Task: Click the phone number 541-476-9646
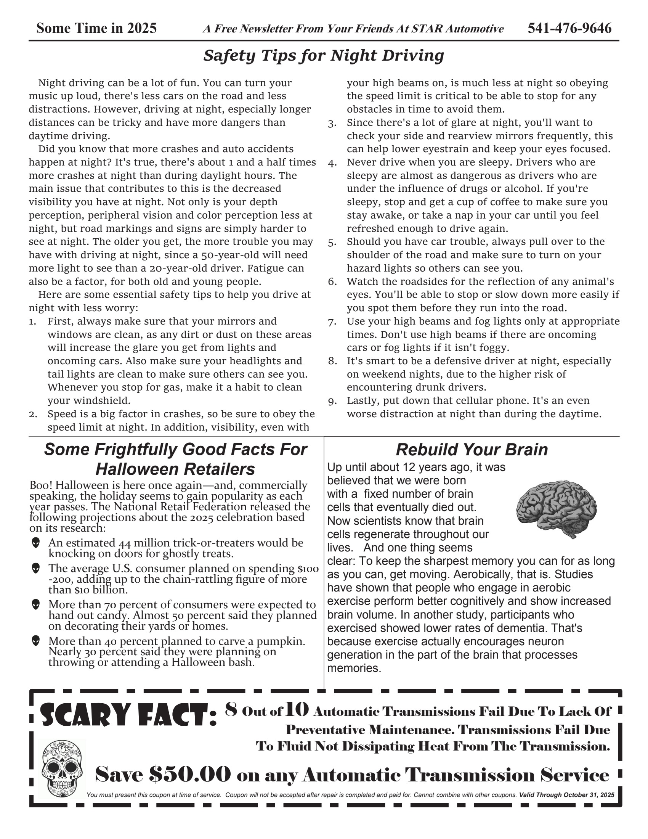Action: [569, 29]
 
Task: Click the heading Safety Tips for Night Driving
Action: [324, 56]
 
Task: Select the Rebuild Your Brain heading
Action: [472, 450]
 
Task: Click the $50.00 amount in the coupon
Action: [190, 774]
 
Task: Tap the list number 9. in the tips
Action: [332, 401]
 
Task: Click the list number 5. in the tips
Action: [332, 243]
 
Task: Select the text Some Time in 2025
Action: [96, 29]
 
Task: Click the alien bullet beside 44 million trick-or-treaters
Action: [36, 543]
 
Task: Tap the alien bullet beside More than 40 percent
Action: [36, 641]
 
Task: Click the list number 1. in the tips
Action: [33, 321]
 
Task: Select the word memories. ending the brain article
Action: [354, 668]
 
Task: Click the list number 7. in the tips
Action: [332, 322]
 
